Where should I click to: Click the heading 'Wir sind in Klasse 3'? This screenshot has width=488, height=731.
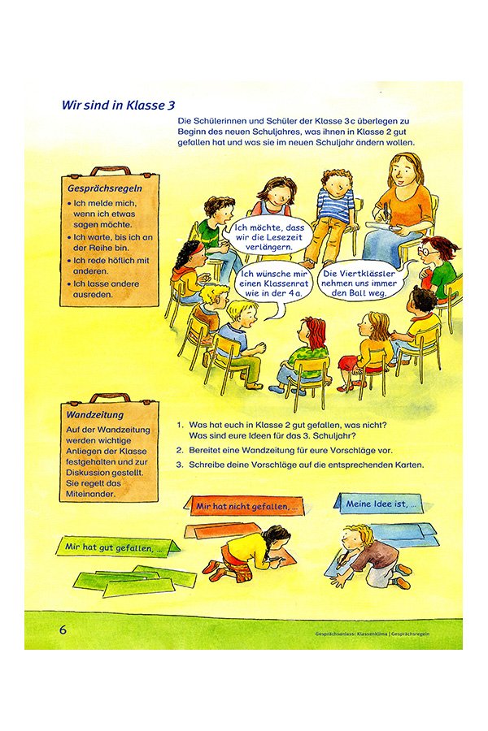click(118, 106)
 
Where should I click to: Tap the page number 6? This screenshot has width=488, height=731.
click(63, 629)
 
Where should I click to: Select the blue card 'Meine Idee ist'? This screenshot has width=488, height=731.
click(378, 504)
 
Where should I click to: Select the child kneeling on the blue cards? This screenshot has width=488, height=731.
click(366, 553)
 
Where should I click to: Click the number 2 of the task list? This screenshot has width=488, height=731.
click(180, 448)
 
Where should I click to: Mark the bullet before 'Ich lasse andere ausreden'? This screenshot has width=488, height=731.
click(69, 284)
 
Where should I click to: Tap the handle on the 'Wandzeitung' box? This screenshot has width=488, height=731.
click(110, 399)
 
